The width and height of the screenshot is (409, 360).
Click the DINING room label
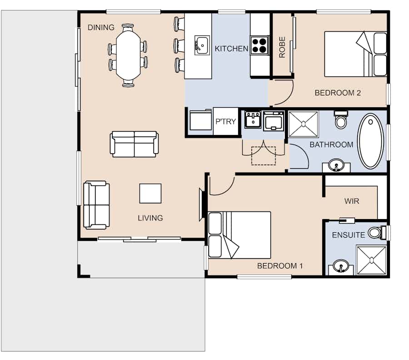101,27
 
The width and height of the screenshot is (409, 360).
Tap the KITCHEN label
231,49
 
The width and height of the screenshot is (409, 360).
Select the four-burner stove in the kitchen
259,45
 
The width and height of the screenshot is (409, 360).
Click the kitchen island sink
202,45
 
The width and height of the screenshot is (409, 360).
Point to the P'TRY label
225,121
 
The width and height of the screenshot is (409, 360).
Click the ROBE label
282,47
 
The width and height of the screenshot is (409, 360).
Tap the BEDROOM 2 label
338,93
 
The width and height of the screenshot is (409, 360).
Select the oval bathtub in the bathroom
370,141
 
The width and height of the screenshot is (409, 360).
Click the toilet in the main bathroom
341,120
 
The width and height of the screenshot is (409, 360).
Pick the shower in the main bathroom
303,124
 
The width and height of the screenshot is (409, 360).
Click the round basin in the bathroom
336,165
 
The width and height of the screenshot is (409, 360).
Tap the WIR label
352,201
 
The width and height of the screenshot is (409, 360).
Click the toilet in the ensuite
377,232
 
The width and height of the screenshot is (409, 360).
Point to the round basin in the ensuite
341,266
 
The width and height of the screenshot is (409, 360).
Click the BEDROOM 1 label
280,266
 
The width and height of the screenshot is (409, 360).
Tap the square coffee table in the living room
150,193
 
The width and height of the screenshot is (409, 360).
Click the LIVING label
150,218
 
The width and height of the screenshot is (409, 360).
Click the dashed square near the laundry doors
264,156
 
